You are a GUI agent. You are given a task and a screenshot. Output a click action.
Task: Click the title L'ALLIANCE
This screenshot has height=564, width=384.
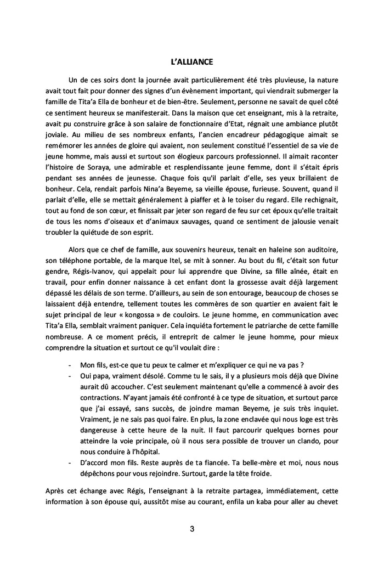pyautogui.click(x=191, y=61)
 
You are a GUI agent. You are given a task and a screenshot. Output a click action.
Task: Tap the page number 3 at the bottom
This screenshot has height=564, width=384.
pyautogui.click(x=191, y=529)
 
